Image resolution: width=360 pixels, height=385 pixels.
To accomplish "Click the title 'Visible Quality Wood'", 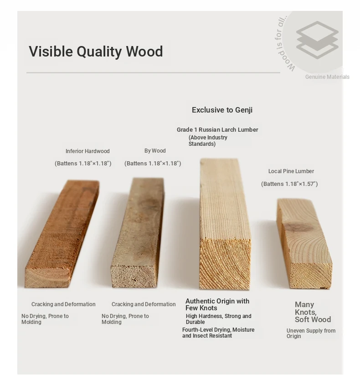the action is (x=96, y=51).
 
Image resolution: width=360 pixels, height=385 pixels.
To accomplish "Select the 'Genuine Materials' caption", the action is (x=327, y=77).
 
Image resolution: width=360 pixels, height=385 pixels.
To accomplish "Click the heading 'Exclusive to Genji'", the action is (x=222, y=110).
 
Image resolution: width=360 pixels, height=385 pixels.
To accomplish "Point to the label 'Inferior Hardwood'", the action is (x=87, y=151).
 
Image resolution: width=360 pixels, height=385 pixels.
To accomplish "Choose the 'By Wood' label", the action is (x=155, y=151).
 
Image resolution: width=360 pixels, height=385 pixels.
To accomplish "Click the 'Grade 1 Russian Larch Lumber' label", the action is (x=217, y=130).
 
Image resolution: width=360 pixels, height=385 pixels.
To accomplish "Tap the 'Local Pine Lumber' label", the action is (x=291, y=171).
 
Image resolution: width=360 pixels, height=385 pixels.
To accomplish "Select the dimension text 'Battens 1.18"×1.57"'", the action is (x=289, y=184).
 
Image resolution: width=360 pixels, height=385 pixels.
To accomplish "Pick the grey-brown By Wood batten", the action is (x=138, y=232).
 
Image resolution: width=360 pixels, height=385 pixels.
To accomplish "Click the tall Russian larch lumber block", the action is (x=225, y=223).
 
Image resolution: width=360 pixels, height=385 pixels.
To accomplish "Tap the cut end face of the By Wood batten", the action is (x=134, y=276).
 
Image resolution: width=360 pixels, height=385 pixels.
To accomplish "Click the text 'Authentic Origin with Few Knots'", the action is (x=217, y=304).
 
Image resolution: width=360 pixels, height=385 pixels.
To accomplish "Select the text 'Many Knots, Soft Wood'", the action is (x=313, y=312).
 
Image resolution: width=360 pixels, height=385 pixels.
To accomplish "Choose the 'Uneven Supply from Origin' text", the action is (x=311, y=334).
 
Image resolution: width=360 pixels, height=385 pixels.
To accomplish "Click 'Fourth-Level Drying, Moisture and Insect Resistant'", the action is (x=218, y=333).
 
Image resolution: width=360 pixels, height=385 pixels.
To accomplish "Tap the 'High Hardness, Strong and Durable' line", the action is (x=219, y=319).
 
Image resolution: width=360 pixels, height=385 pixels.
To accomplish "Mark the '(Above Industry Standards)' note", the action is (x=208, y=141).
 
